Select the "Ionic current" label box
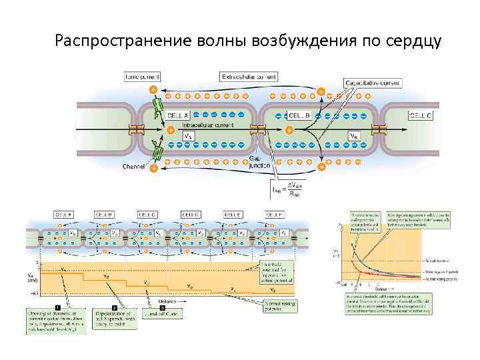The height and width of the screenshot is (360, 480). (141, 77)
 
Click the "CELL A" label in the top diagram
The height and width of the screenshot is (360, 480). (179, 115)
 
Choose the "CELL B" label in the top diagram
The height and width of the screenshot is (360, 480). (298, 115)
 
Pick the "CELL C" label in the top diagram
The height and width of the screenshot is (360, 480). (420, 115)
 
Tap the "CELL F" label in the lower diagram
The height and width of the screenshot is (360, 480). (276, 215)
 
